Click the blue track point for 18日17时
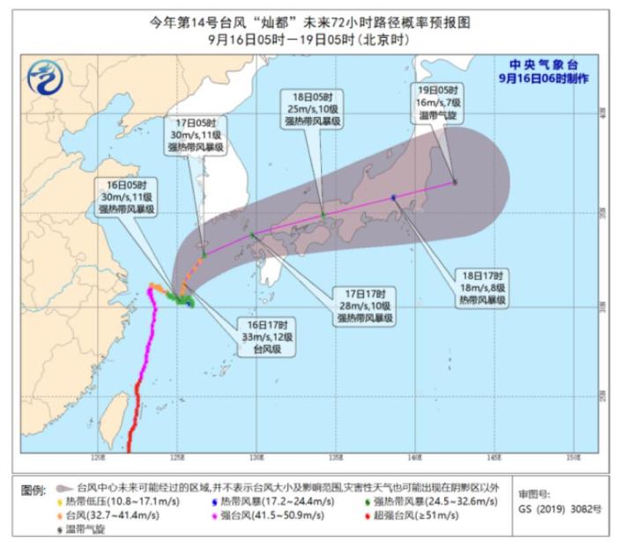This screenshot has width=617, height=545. [x=393, y=197]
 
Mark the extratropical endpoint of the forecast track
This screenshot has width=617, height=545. [x=455, y=182]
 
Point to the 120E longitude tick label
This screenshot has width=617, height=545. [x=97, y=458]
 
